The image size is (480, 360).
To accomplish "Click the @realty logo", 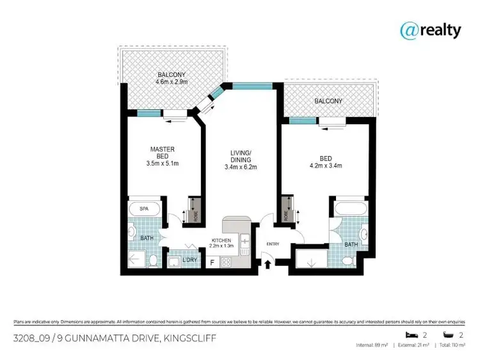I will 430,30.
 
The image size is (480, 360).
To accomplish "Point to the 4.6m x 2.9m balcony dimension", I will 172,82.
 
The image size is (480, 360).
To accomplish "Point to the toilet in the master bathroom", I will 154,260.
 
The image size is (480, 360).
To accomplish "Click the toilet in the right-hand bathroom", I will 346,261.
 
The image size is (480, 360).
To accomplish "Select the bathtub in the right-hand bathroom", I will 348,209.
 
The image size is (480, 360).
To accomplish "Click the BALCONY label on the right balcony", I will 328,101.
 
